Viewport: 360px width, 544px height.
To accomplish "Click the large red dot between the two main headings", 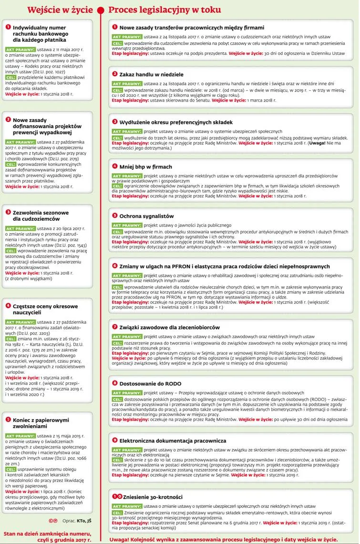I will click(101, 10).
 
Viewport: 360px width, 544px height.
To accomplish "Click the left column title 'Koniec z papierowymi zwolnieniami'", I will click(41, 423).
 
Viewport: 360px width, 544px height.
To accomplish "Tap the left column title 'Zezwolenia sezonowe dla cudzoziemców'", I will click(41, 216).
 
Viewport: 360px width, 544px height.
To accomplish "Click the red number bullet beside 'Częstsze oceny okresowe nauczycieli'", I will click(8, 305).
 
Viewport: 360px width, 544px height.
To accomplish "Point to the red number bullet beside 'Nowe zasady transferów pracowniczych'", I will click(114, 27).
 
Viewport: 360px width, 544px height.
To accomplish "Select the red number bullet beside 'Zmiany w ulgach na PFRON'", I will click(114, 266).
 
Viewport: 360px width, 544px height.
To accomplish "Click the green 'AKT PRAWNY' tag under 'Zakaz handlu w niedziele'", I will click(126, 83).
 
